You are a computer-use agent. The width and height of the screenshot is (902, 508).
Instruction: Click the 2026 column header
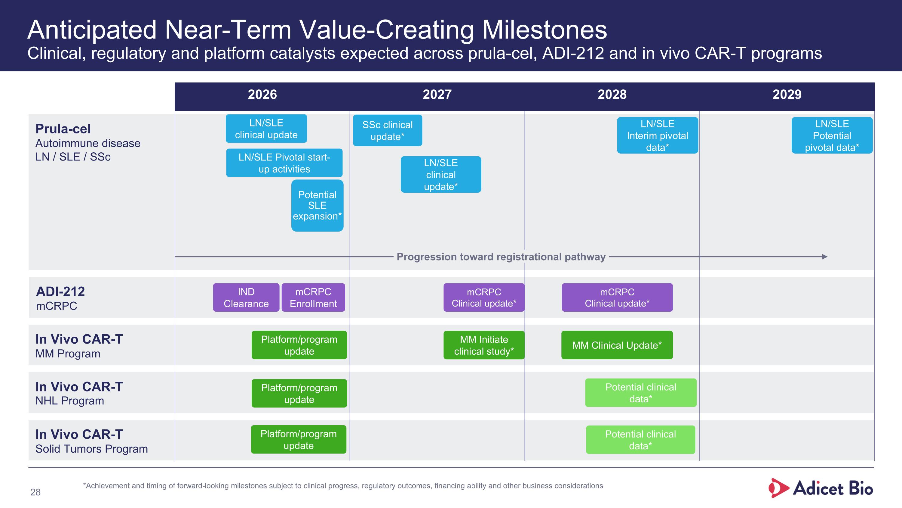(262, 95)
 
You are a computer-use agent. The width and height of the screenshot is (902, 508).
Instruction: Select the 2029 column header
(787, 95)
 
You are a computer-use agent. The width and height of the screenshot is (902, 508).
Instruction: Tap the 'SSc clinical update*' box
(387, 130)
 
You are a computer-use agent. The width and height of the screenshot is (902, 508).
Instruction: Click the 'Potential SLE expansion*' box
(317, 205)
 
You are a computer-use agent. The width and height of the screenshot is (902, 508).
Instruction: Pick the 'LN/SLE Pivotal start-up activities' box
(284, 163)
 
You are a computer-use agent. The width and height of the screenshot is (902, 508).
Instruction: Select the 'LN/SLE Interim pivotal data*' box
(657, 135)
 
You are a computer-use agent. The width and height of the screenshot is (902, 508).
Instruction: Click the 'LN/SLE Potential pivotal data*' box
(832, 135)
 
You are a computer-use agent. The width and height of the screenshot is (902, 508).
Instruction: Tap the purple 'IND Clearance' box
(246, 297)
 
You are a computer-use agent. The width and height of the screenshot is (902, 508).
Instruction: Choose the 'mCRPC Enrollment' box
(313, 297)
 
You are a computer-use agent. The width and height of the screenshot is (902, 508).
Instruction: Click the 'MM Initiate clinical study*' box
(484, 345)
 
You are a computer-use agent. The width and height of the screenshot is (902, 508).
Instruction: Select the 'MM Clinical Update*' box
(617, 345)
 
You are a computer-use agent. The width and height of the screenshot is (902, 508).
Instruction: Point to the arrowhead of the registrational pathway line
(825, 257)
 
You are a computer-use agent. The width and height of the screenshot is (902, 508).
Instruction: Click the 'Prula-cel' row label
(63, 129)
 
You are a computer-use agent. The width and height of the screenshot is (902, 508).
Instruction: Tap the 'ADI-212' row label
(60, 291)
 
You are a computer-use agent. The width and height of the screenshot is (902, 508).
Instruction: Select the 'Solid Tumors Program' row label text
(91, 449)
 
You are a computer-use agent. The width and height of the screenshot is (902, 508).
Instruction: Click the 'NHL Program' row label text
(70, 401)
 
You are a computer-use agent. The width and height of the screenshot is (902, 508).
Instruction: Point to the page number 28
(35, 492)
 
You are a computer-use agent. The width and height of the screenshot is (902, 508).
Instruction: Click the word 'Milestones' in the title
(545, 30)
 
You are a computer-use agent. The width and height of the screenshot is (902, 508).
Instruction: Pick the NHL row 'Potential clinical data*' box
(641, 393)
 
